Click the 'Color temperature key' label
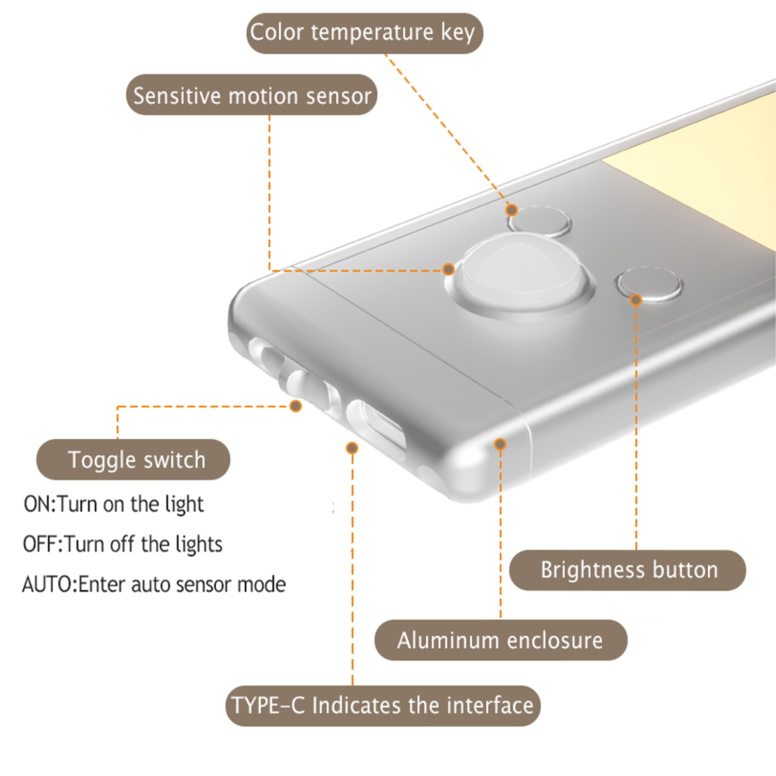[x=364, y=33]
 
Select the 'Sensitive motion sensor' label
[x=252, y=95]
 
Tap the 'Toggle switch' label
[x=133, y=459]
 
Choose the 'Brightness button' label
[x=628, y=570]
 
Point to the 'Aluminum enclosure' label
[x=501, y=640]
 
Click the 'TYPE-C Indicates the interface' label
[x=383, y=706]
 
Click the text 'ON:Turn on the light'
[x=114, y=504]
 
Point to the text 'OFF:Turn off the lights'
[x=123, y=544]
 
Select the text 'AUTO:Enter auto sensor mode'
[x=154, y=585]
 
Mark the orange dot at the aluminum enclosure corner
[x=500, y=444]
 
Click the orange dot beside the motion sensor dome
[x=449, y=269]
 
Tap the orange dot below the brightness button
[x=636, y=300]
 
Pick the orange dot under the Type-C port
[x=352, y=447]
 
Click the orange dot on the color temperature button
[x=511, y=210]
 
